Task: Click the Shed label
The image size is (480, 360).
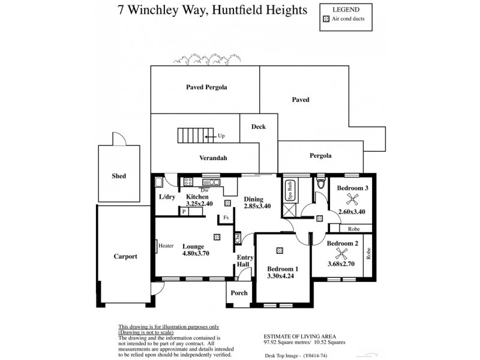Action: (119, 176)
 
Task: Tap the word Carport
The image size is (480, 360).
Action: (125, 256)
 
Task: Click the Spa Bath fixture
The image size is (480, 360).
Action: (290, 191)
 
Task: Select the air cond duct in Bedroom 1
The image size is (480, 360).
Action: (280, 251)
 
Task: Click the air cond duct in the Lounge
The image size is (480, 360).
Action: (220, 235)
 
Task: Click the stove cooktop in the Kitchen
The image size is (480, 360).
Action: (187, 181)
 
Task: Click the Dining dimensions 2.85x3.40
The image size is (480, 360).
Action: (257, 206)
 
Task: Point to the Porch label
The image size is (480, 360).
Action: (239, 293)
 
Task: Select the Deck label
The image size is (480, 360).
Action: (258, 127)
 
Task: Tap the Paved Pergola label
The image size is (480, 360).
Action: (206, 87)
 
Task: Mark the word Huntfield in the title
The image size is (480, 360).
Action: (230, 10)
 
